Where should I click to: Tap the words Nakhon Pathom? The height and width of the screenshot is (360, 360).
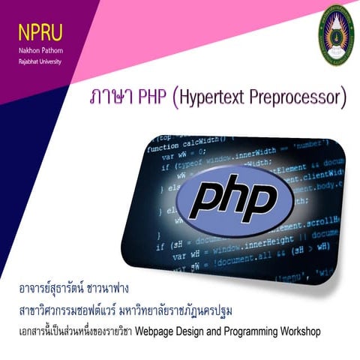click(x=40, y=47)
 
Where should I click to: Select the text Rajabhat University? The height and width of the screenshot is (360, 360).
click(x=41, y=55)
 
